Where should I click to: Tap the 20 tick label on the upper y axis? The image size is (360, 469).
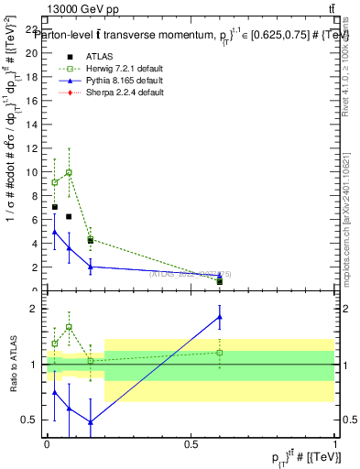click(x=34, y=52)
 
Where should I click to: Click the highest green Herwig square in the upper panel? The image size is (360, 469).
click(x=69, y=172)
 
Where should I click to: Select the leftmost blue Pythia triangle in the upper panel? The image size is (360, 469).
click(x=55, y=233)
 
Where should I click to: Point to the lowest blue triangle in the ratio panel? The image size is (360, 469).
click(x=90, y=422)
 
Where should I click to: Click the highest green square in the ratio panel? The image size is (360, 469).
click(x=69, y=327)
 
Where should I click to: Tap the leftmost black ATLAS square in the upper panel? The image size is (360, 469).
click(x=55, y=207)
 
